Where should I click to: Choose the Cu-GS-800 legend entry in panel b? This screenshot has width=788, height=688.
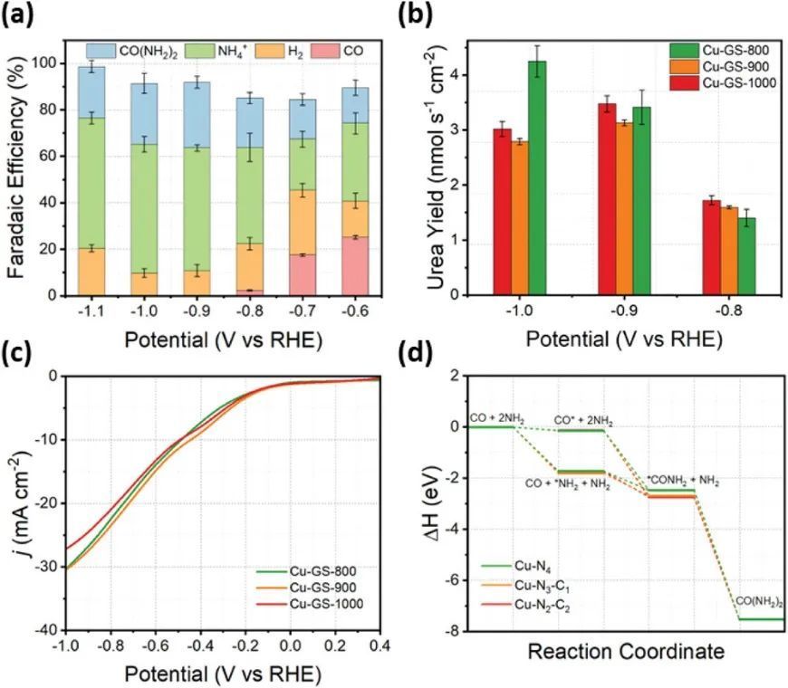point(716,50)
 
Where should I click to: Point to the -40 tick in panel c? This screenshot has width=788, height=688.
point(45,630)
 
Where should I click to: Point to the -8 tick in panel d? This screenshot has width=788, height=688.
point(456,631)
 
